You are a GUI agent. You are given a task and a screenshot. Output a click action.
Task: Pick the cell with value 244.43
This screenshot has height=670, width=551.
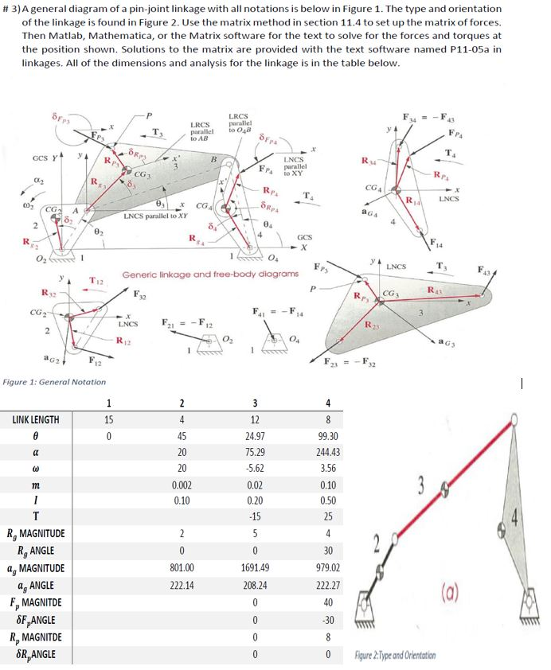click(x=328, y=452)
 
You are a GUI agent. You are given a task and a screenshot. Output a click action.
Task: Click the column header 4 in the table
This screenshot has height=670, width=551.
click(x=327, y=402)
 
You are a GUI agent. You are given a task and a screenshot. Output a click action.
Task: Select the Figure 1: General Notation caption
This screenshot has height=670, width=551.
click(x=54, y=382)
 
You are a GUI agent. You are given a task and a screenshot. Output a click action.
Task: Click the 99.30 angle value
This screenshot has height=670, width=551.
click(x=328, y=436)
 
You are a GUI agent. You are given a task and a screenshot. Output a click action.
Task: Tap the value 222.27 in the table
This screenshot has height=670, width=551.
click(x=328, y=585)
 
